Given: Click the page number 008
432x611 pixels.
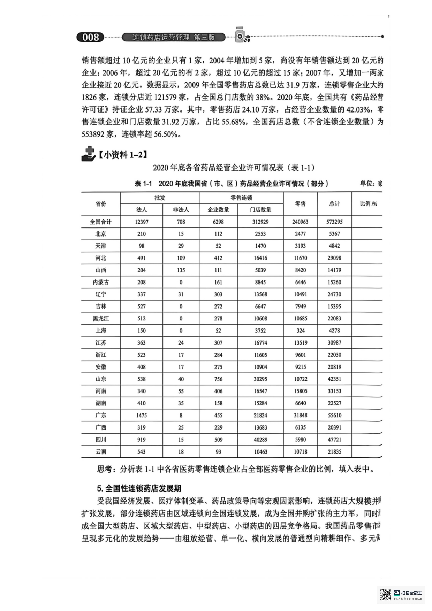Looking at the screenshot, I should coord(91,37).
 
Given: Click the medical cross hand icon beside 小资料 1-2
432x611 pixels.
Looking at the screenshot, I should coord(89,154).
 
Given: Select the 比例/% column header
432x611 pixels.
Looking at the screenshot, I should coord(368,204).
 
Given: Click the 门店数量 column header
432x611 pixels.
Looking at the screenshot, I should coord(260,210).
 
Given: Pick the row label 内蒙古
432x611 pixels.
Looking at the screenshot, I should coord(101,282).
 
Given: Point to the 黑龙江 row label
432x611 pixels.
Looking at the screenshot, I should coord(101,318).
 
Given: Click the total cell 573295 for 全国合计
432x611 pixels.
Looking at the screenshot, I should coord(334,222).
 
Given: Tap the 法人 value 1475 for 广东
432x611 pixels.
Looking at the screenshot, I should coord(141,415).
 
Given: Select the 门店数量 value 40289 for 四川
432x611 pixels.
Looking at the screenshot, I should coord(260,440).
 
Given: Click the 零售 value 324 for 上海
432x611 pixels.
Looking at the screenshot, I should coord(300,331).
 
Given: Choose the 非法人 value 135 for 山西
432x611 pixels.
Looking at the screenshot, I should coord(181,270).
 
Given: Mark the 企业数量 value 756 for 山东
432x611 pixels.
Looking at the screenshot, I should coord(218,379).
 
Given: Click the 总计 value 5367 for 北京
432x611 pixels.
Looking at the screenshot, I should coord(334,234).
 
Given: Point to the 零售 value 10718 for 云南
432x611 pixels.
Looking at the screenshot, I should coord(300,452).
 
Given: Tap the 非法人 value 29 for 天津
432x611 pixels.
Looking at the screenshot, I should coord(181,246).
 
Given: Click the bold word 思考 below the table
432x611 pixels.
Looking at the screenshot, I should coord(105,469).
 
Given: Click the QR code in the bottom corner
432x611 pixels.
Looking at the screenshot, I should coord(385,595).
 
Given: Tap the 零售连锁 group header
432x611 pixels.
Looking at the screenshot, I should coord(241,198).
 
